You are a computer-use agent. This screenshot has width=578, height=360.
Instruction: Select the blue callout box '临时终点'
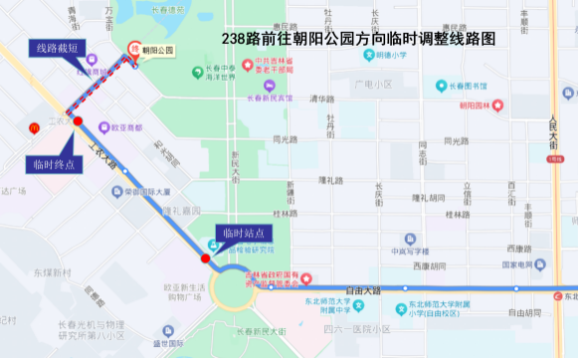[x=53, y=164]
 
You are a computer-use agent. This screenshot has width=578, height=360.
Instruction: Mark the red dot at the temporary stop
[x=206, y=259]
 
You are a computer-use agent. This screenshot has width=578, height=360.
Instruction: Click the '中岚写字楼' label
[x=410, y=252]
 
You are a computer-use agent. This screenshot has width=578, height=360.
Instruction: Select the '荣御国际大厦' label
[x=146, y=192]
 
